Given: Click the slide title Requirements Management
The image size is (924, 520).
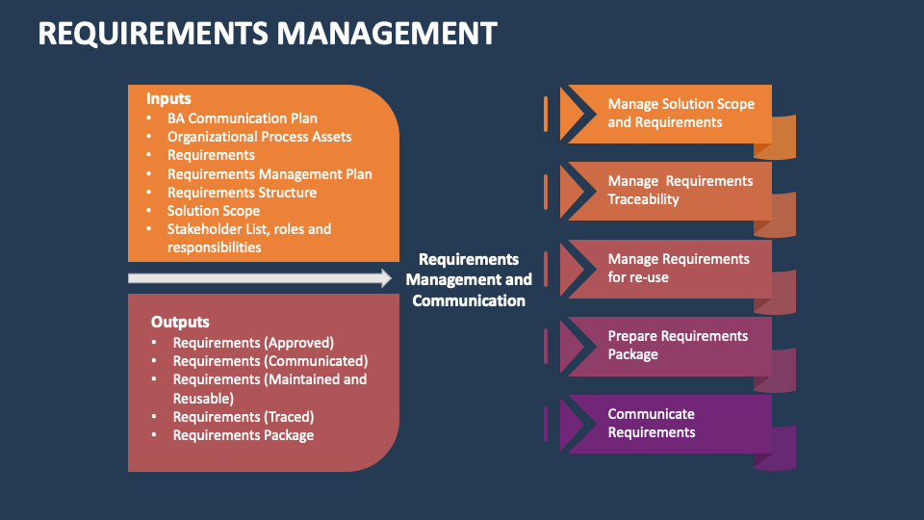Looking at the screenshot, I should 268,34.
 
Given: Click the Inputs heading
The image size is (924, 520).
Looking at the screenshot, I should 168,98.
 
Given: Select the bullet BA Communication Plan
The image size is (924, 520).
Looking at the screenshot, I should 242,118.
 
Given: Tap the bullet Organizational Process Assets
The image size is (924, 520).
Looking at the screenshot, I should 259,137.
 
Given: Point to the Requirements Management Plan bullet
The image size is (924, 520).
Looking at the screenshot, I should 269,174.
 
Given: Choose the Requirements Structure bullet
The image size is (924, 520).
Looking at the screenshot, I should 242,193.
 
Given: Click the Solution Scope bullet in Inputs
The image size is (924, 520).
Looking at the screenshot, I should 214,211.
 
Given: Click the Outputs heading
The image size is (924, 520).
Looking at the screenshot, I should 180,322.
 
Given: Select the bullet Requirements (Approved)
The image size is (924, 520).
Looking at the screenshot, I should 253,342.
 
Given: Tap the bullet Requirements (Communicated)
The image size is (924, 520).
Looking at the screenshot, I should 270,361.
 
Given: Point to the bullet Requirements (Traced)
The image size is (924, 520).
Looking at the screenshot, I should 244,417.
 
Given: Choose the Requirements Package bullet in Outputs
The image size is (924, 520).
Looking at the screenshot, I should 244,435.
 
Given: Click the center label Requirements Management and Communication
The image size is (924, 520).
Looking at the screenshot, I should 469,279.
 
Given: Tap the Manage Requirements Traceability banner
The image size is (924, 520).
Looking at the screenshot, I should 680,191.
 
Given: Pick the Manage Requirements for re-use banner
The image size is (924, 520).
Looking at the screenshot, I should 678,269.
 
